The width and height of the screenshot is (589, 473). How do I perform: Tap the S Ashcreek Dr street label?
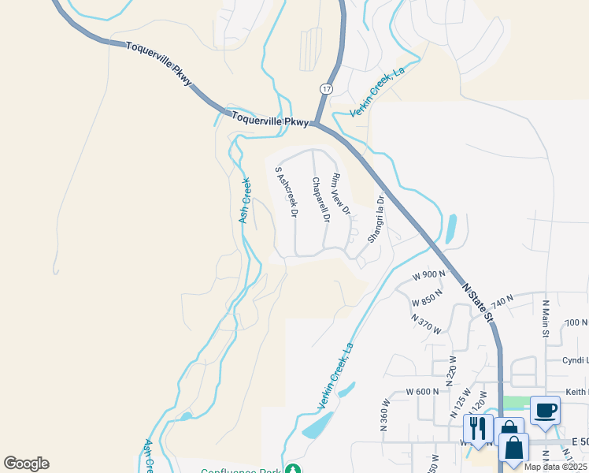click(x=286, y=192)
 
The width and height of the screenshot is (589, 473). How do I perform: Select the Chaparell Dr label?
click(x=319, y=199)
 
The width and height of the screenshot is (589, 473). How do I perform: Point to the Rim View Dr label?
click(x=339, y=194)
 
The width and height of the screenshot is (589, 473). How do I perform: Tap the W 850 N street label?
click(x=427, y=300)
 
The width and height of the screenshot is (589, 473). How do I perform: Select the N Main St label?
click(x=545, y=318)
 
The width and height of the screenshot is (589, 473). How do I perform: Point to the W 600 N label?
click(x=422, y=392)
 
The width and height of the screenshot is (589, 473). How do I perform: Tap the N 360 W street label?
click(x=385, y=417)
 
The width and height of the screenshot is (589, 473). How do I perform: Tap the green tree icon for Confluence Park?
click(x=293, y=470)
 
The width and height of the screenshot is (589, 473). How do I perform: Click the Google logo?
click(x=26, y=464)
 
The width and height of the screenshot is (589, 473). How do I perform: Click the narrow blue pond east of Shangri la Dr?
click(x=450, y=229)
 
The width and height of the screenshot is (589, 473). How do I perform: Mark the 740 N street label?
click(x=502, y=300)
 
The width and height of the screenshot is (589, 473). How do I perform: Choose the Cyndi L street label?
click(x=575, y=359)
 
